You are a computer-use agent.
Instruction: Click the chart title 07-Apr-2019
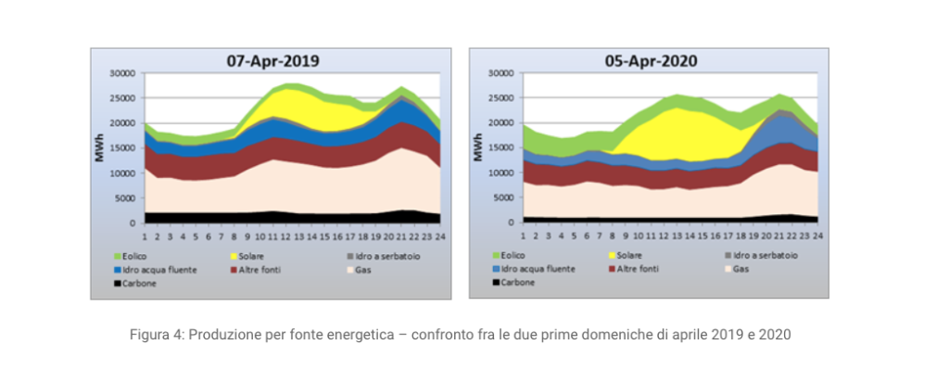273,61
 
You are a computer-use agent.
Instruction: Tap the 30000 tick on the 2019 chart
123,73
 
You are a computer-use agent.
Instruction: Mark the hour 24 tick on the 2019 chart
439,235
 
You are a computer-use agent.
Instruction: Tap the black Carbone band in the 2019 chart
278,218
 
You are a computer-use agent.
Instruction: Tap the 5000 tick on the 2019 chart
126,198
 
